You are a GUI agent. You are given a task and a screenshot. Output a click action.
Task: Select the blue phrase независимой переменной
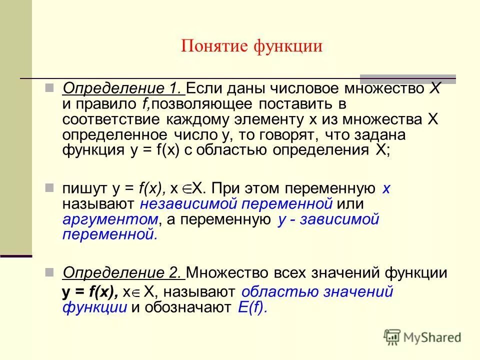[236, 204]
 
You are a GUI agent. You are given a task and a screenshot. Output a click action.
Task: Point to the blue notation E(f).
[252, 307]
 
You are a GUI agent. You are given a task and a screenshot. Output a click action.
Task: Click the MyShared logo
[423, 337]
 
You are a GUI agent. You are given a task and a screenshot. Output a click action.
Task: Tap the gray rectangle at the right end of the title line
[407, 78]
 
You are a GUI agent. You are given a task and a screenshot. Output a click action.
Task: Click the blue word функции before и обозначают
[94, 307]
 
